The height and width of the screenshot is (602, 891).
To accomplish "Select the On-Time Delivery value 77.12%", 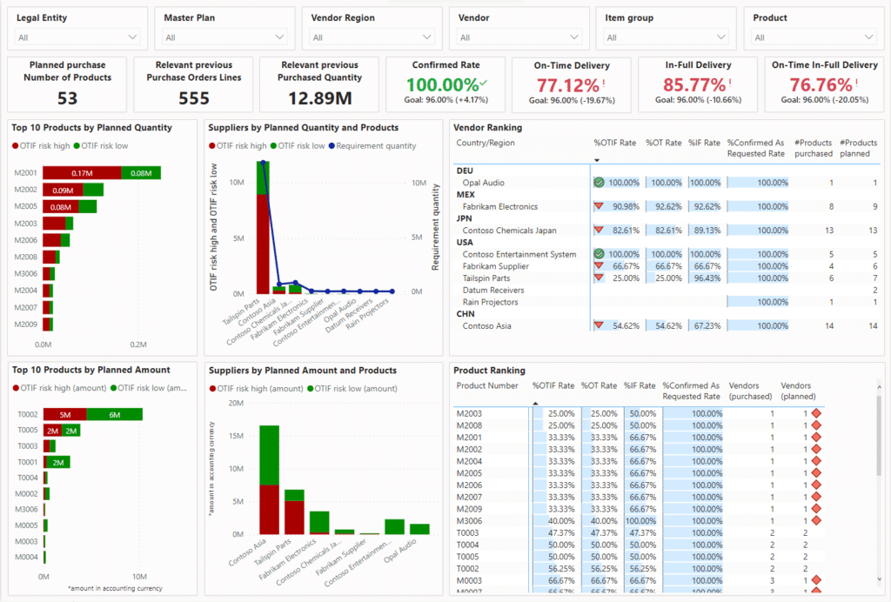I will pos(568,85).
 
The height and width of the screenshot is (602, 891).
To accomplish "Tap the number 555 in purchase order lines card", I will pos(193,98).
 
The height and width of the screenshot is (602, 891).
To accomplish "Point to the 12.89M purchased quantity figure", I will pos(320,98).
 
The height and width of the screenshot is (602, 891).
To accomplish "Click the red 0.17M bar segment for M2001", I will pos(82,173).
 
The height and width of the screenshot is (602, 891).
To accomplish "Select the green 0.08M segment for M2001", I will pos(140,173).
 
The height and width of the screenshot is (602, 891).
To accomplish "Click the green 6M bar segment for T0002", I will pos(114,415).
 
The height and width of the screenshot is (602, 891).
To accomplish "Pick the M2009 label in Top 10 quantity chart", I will pos(25,324).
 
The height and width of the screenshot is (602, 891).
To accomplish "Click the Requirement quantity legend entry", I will pos(373,146).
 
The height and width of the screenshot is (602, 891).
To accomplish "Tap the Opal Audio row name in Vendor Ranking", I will pos(483,183).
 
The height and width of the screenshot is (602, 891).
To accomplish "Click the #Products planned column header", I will pos(858,148).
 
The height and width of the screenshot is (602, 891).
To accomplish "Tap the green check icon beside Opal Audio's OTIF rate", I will pos(599,183).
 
